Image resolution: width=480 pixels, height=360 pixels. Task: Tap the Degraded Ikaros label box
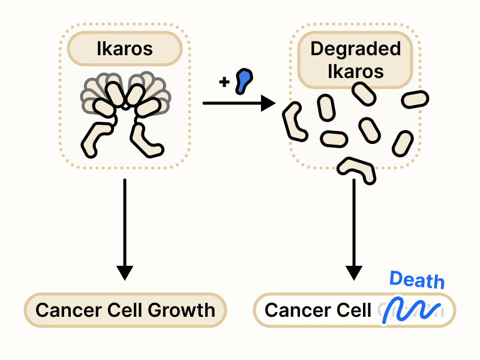(x=355, y=61)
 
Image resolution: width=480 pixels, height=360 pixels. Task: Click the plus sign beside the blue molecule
(x=224, y=82)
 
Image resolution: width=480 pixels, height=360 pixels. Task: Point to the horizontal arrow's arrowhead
(x=268, y=103)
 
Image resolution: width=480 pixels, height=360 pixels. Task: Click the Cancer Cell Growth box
(x=125, y=310)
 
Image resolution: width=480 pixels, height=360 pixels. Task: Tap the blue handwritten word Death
(x=417, y=280)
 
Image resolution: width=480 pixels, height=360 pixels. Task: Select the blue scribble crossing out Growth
(x=412, y=309)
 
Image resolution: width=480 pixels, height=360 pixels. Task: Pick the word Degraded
(x=355, y=49)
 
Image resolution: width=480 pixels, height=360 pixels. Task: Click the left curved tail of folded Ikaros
(x=98, y=140)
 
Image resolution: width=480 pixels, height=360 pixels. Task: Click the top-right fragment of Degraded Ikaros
(x=415, y=98)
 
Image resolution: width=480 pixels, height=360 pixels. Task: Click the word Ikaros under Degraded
(x=355, y=72)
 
